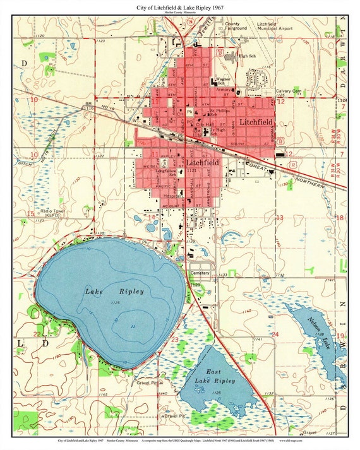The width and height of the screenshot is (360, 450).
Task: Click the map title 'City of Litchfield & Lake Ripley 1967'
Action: click(x=179, y=7)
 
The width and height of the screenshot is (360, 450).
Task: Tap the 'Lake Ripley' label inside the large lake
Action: click(x=114, y=292)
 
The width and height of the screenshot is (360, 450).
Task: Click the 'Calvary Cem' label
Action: click(x=288, y=91)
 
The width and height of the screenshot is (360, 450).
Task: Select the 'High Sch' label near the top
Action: click(x=248, y=56)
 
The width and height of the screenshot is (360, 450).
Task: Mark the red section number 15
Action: click(x=30, y=214)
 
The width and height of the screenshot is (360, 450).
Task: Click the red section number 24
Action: click(x=275, y=333)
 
